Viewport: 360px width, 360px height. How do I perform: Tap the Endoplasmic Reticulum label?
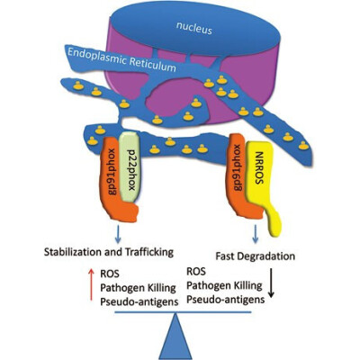pyautogui.click(x=121, y=59)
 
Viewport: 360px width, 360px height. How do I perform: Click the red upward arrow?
pyautogui.click(x=91, y=284)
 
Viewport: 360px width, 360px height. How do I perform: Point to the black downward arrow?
pyautogui.click(x=271, y=283)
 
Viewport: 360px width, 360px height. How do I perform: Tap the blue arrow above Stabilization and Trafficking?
pyautogui.click(x=118, y=235)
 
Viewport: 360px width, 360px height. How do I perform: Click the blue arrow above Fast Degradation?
pyautogui.click(x=256, y=235)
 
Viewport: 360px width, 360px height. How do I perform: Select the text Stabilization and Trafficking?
pyautogui.click(x=109, y=252)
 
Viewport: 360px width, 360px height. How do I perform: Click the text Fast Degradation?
pyautogui.click(x=256, y=256)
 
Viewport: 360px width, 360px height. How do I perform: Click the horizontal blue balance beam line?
pyautogui.click(x=183, y=312)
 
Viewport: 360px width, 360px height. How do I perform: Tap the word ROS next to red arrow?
pyautogui.click(x=110, y=274)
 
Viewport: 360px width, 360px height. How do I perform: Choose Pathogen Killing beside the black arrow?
pyautogui.click(x=224, y=285)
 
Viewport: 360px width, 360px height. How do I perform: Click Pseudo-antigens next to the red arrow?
pyautogui.click(x=139, y=301)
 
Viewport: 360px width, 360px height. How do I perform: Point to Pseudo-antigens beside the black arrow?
pyautogui.click(x=226, y=299)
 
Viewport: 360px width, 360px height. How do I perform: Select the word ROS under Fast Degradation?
pyautogui.click(x=196, y=271)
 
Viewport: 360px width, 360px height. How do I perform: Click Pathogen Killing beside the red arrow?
pyautogui.click(x=138, y=288)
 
